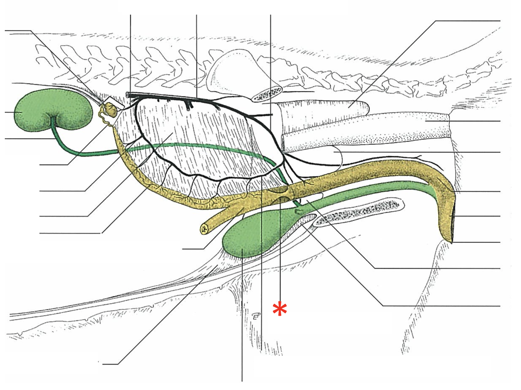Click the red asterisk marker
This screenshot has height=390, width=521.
[280, 309]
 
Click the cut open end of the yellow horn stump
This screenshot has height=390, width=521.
[204, 229]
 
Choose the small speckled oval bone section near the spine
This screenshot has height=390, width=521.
[267, 95]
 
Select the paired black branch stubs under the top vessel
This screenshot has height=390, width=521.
[189, 104]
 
